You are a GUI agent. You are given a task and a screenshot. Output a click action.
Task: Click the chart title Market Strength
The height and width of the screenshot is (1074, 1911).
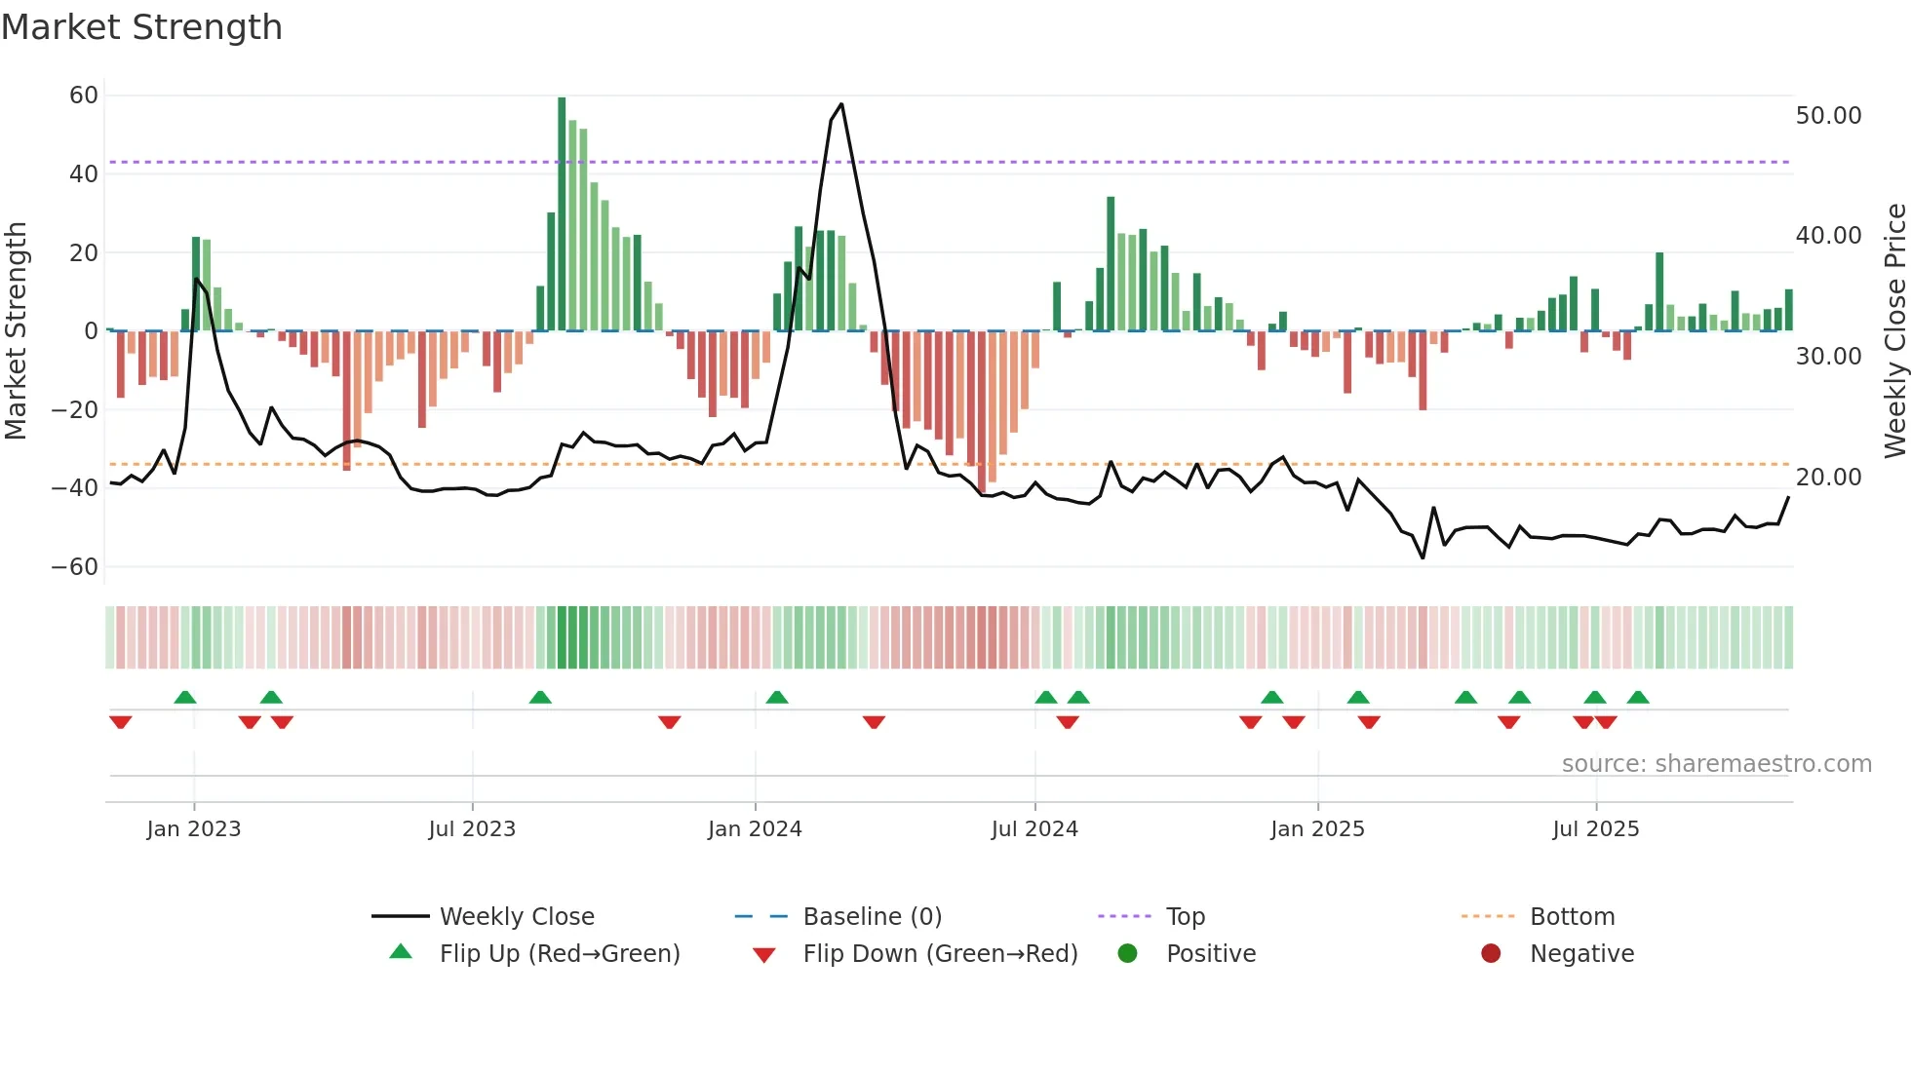point(141,27)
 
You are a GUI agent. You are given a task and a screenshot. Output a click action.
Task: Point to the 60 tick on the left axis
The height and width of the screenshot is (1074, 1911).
point(84,96)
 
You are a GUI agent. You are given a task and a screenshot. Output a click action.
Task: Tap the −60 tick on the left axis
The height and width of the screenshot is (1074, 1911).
point(75,566)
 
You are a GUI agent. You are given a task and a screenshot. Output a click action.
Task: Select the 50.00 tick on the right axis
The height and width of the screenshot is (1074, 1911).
point(1828,116)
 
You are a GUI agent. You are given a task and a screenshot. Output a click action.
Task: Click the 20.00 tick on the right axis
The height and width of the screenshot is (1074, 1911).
point(1828,478)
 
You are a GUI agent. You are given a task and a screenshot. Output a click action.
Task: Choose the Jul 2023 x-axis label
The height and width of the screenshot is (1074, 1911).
point(472,829)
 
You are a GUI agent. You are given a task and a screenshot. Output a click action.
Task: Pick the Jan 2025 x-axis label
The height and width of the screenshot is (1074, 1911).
point(1317,829)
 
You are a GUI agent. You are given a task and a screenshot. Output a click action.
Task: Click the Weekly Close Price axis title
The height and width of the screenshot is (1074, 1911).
point(1894,331)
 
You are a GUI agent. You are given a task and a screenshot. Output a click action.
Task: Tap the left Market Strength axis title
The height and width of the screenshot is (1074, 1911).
point(17,331)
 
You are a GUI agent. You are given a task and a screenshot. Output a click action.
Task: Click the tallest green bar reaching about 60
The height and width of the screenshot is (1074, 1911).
point(562,214)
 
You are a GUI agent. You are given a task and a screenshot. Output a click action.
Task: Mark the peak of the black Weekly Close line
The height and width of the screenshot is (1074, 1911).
point(841,104)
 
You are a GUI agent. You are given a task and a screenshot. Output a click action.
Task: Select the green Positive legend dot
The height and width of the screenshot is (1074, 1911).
point(1128,954)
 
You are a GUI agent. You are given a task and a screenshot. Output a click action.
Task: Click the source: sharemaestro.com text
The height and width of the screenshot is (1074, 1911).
point(1716,764)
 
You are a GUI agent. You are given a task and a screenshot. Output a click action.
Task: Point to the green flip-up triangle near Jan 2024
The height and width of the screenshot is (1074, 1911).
point(777,698)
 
